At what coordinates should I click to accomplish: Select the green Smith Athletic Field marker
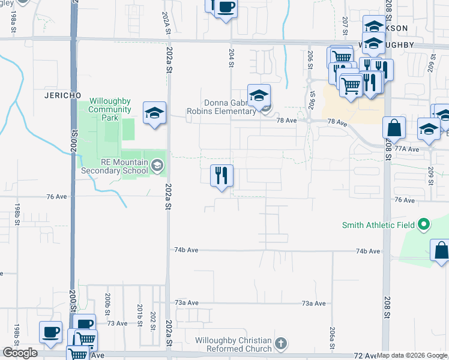click(x=424, y=225)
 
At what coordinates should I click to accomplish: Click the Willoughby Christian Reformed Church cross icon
click(x=280, y=344)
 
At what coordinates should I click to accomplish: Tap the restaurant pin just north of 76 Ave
click(x=221, y=176)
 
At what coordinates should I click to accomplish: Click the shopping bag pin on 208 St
click(x=394, y=128)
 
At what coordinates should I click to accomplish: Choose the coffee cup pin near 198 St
click(x=50, y=332)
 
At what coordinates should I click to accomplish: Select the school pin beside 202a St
click(x=154, y=113)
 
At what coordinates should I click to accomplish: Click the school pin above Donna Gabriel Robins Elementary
click(x=259, y=95)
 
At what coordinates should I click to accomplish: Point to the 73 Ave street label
click(x=118, y=323)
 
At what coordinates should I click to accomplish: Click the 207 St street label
click(x=345, y=25)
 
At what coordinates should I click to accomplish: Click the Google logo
click(x=20, y=353)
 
